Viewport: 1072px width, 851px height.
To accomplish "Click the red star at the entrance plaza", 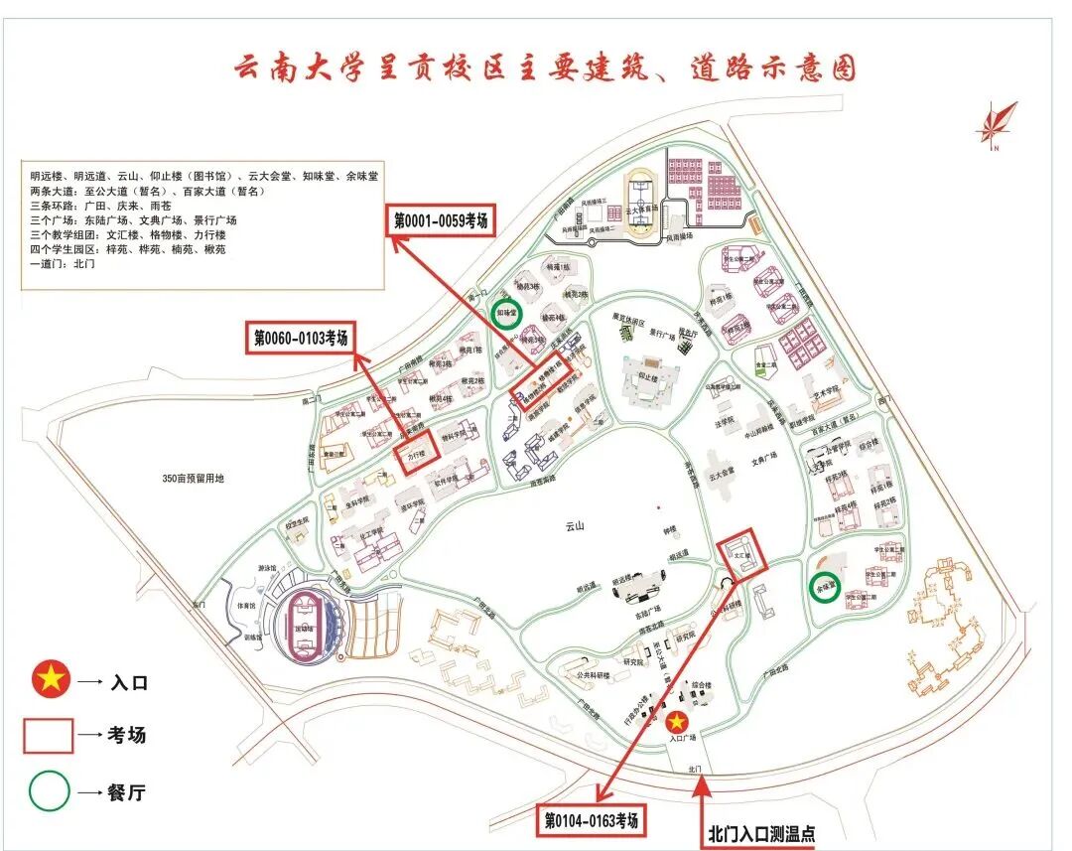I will [x=677, y=722].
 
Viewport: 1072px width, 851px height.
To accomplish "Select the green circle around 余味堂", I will [x=825, y=585].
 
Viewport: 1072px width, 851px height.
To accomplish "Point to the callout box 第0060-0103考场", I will [x=299, y=339].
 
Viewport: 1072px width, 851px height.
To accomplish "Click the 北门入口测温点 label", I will [x=761, y=833].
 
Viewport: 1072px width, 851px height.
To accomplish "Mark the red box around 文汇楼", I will [x=742, y=553].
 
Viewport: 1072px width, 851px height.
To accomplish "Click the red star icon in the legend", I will [x=47, y=682].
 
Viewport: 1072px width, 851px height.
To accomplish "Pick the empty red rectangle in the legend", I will [x=48, y=735].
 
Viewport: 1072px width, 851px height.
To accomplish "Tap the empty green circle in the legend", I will [x=47, y=792].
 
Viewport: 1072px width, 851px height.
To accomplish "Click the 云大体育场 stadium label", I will [x=645, y=212].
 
